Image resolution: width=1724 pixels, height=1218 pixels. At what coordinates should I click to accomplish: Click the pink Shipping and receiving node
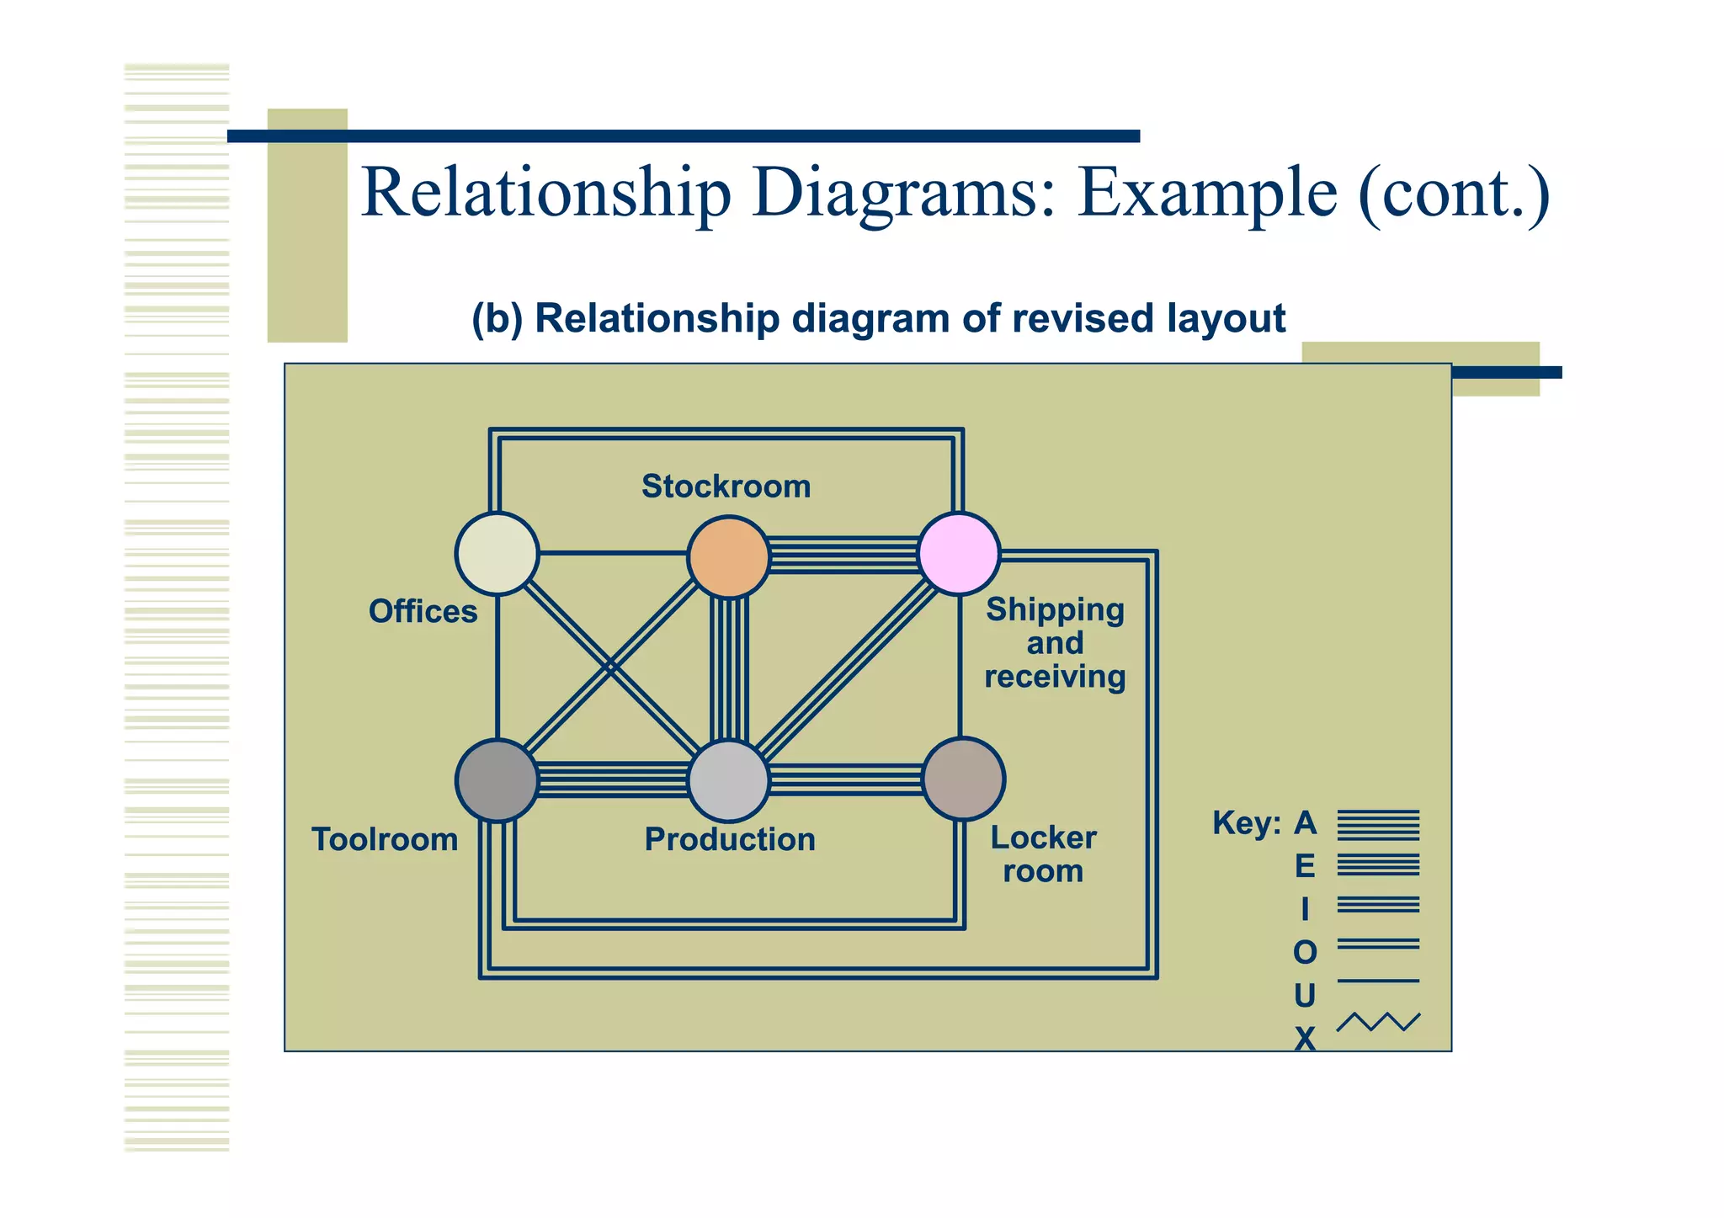(x=959, y=553)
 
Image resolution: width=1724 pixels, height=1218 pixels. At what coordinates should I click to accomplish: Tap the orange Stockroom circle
(x=728, y=556)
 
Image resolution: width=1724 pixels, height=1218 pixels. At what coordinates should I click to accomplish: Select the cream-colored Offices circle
(x=497, y=553)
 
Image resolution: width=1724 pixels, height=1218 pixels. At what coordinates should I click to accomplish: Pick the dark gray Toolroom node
(x=497, y=780)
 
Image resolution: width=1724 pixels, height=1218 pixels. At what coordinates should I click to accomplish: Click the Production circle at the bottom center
(x=728, y=780)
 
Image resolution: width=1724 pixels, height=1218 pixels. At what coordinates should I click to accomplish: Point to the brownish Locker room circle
(x=963, y=779)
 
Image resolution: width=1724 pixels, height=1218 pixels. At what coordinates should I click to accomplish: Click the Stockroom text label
(x=726, y=487)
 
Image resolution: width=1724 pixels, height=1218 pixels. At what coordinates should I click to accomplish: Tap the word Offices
(x=423, y=611)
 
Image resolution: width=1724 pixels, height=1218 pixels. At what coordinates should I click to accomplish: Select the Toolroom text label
(x=385, y=839)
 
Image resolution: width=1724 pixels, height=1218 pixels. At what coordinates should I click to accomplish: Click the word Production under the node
(x=730, y=839)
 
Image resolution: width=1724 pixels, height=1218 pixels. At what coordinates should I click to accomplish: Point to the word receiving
(x=1055, y=677)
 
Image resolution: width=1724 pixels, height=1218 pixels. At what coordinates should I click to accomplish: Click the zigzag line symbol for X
(x=1378, y=1022)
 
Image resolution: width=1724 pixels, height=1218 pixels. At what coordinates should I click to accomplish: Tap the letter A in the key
(x=1305, y=822)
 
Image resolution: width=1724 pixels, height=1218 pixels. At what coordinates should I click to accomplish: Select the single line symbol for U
(x=1378, y=981)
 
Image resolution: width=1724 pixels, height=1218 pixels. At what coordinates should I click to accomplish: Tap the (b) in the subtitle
(x=497, y=319)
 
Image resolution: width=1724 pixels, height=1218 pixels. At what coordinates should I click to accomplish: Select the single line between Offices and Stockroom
(x=613, y=553)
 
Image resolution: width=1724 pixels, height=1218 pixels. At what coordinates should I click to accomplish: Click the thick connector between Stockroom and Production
(x=729, y=669)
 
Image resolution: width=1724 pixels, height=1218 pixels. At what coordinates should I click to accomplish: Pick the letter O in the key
(x=1305, y=953)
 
